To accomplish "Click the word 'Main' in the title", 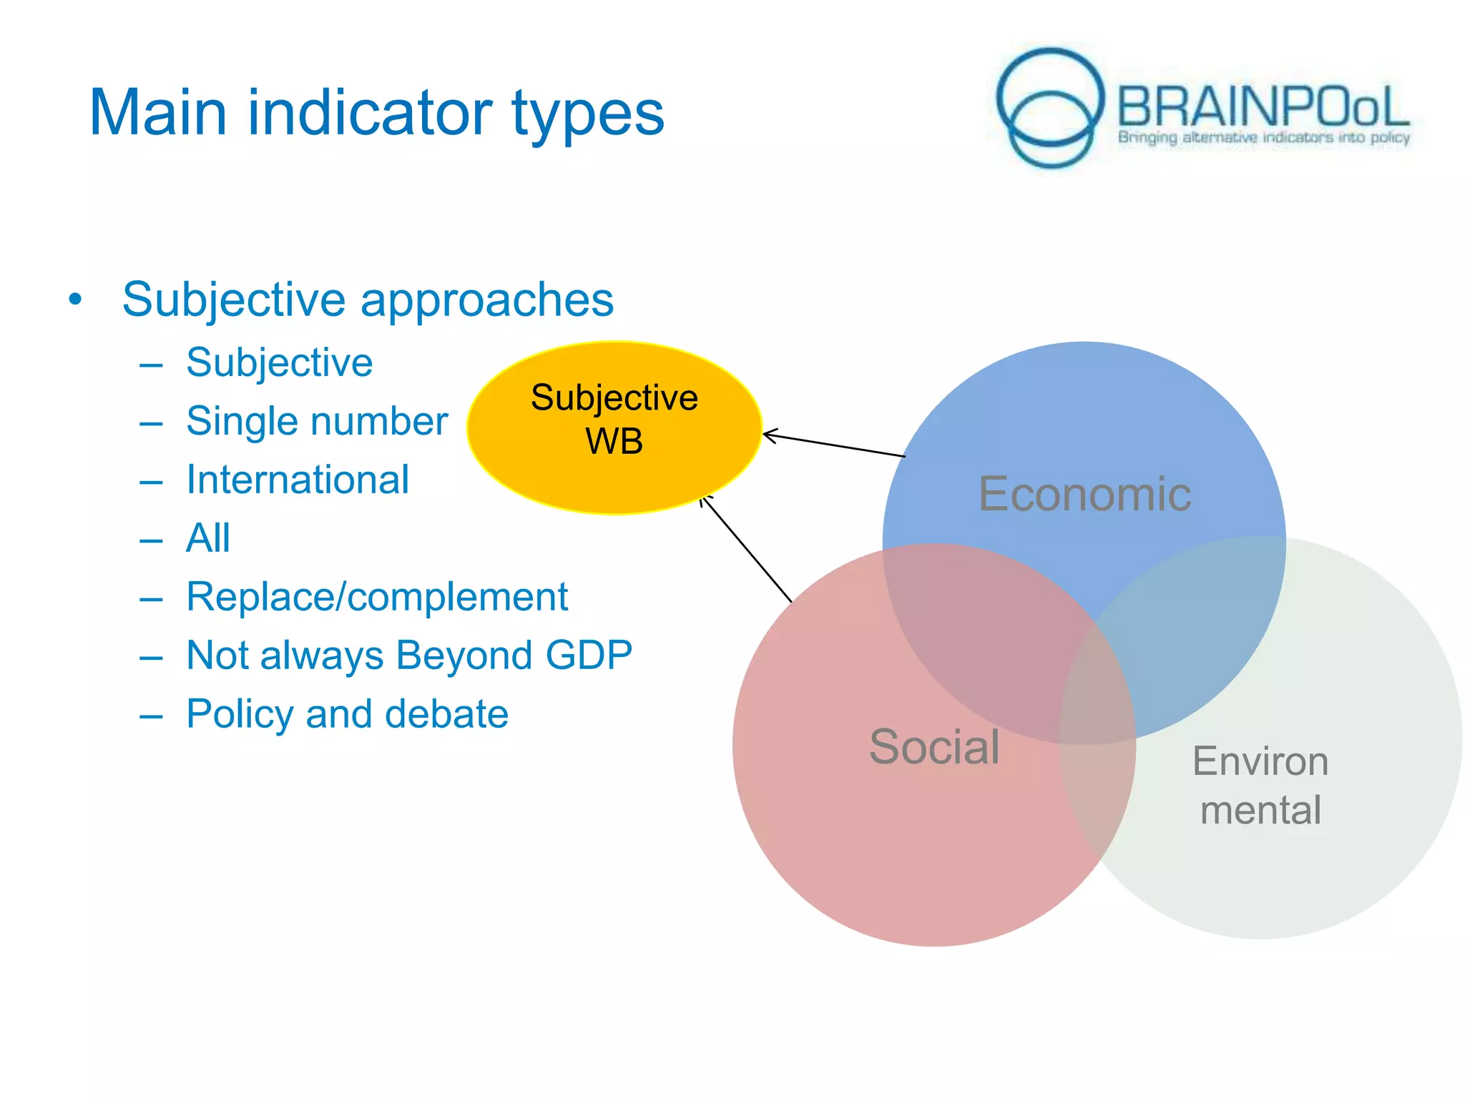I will click(x=158, y=112).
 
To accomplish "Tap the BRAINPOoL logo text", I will click(x=1263, y=107).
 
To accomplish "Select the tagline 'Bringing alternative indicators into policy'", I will click(x=1263, y=137).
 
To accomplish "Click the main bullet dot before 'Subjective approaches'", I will click(x=75, y=300).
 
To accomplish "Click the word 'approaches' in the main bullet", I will click(x=486, y=300).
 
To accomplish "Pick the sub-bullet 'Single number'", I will click(x=316, y=421).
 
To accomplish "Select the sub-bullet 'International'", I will click(x=298, y=480).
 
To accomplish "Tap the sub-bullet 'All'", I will click(x=208, y=538).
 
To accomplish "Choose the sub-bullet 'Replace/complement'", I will click(x=377, y=597).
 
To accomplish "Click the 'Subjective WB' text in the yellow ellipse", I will click(x=614, y=419).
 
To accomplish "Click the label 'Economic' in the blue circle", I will click(x=1084, y=494).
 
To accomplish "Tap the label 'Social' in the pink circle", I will click(x=934, y=747).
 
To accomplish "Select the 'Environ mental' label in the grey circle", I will click(x=1260, y=785).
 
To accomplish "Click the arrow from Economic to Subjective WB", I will click(x=833, y=445).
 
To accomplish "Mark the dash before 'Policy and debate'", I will click(x=151, y=716).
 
